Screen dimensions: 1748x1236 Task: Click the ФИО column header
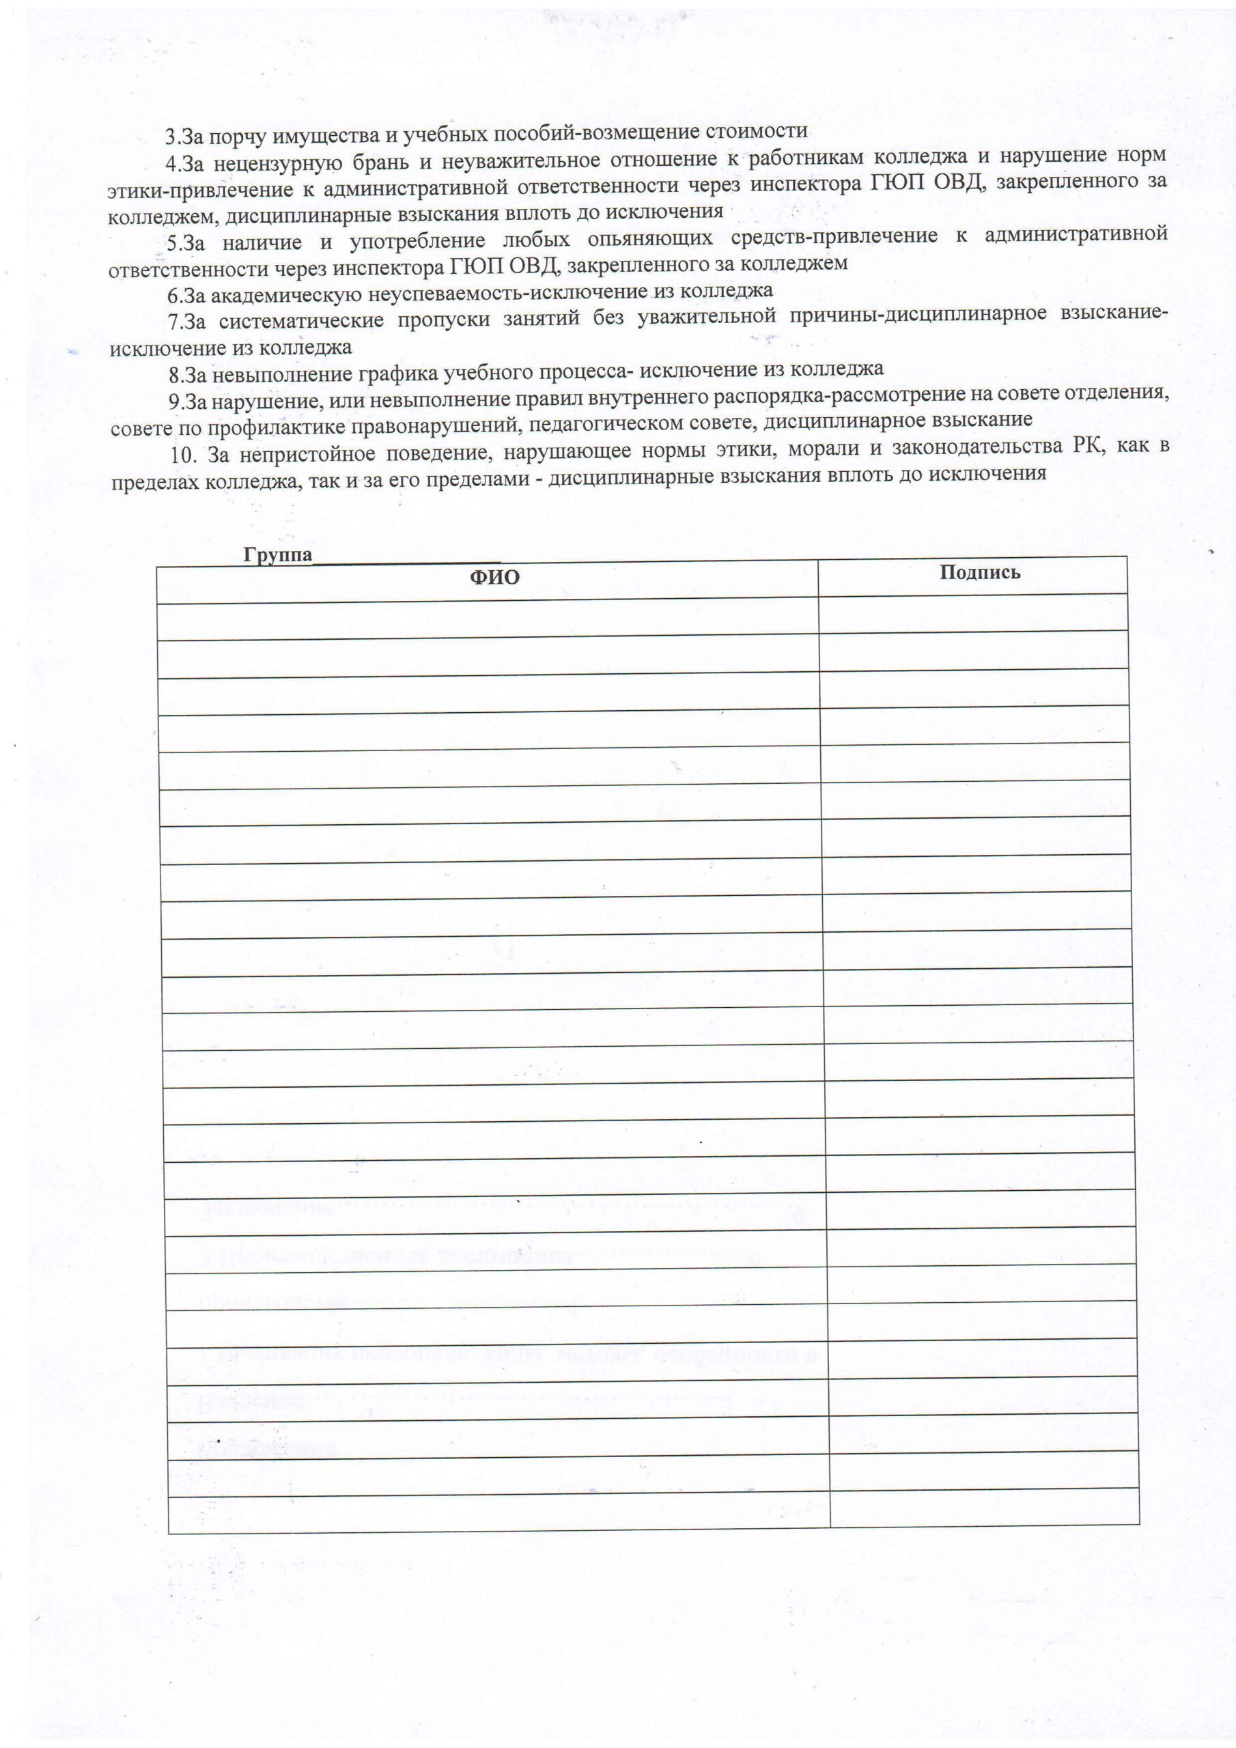coord(494,578)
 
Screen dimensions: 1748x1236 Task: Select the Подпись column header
coord(979,572)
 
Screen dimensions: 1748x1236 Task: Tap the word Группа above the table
coord(278,554)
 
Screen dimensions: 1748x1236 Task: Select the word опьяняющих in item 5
coord(649,239)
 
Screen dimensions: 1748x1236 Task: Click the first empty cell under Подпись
coord(972,613)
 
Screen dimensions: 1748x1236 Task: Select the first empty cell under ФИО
coord(488,617)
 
